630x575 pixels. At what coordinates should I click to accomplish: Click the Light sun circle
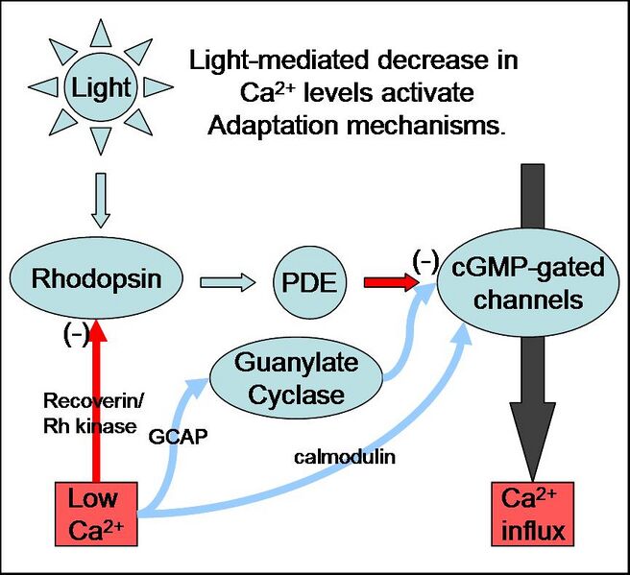point(100,88)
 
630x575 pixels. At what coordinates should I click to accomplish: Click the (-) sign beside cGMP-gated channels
point(425,259)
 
